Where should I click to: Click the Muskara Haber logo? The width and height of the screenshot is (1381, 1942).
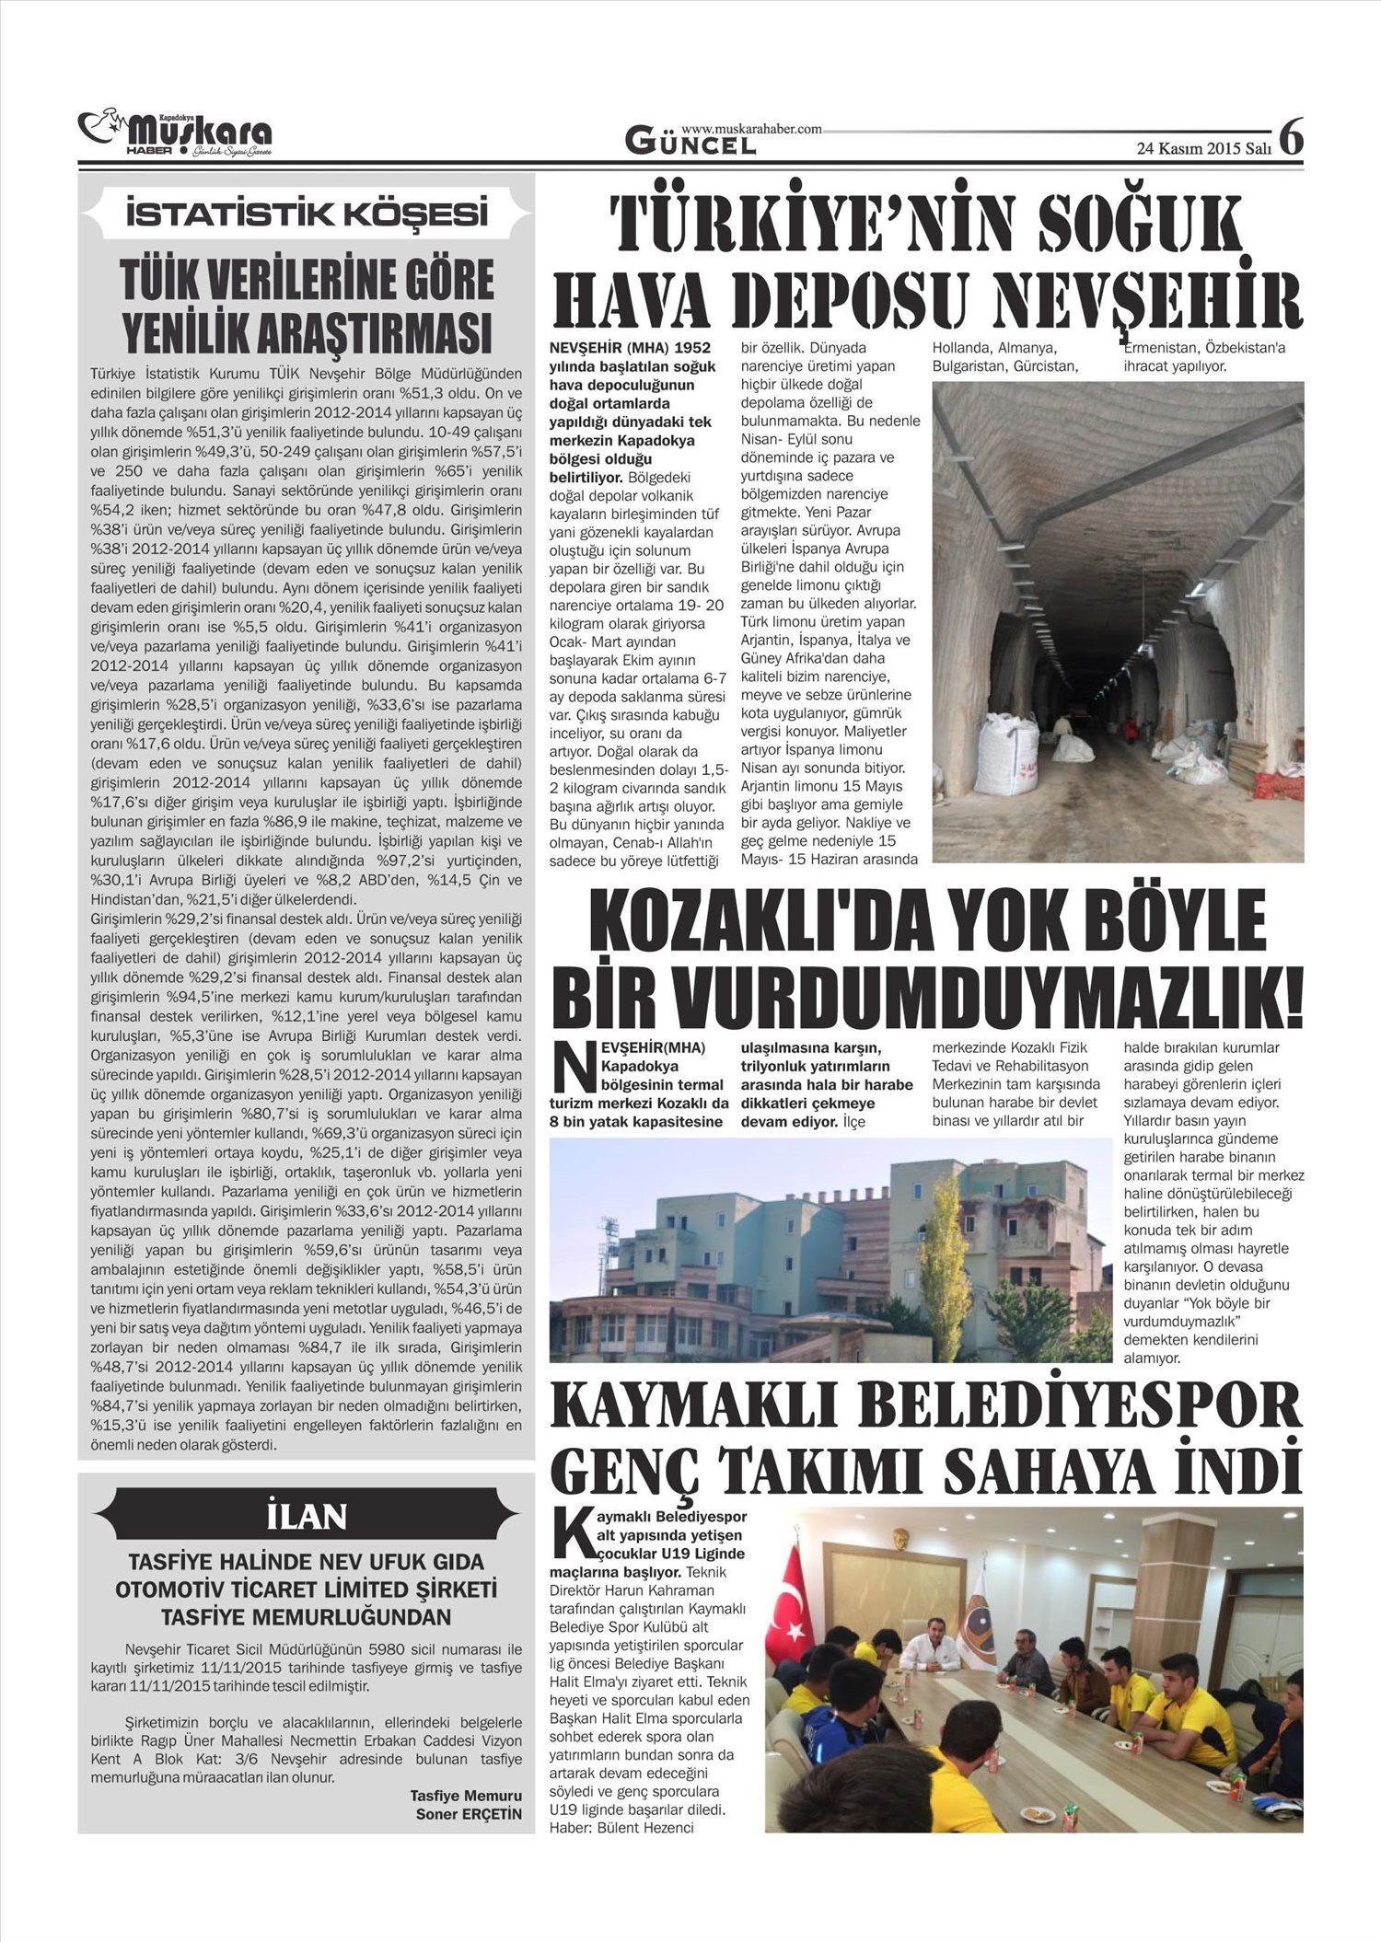point(175,133)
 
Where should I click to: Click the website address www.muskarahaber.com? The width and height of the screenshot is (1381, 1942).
point(751,130)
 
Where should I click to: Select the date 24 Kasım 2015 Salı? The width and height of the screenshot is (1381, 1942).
point(1203,148)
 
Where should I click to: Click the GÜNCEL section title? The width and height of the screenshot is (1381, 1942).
point(690,143)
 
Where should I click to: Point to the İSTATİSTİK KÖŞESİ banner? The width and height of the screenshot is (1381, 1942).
point(307,214)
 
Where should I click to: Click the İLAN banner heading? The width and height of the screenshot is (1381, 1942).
point(307,1516)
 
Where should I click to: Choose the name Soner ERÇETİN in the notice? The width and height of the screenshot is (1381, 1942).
point(469,1814)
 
